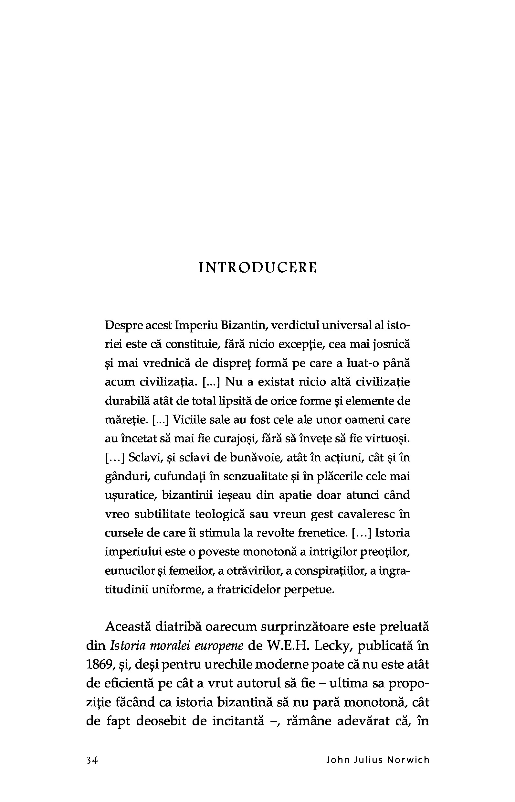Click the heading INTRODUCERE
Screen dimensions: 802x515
[257, 268]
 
